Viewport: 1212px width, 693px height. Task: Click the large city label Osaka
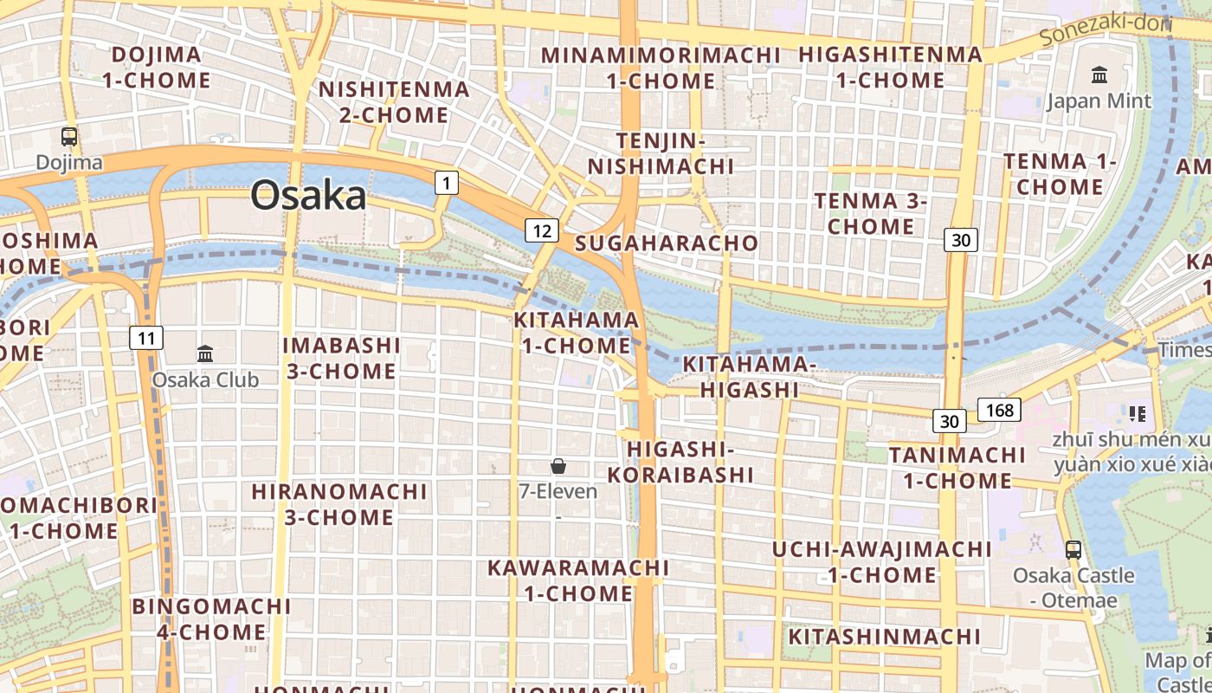(308, 196)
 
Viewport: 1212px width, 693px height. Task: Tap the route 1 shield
(446, 183)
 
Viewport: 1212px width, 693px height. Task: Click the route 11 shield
(147, 338)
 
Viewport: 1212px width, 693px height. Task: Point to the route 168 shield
(999, 410)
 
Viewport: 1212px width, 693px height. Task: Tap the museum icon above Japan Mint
(1099, 75)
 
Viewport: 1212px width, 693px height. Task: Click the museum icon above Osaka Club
(205, 353)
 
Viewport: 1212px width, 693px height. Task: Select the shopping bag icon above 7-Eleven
(558, 466)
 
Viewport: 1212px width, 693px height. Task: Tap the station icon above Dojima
(69, 136)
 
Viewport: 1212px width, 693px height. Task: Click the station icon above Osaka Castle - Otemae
(1073, 549)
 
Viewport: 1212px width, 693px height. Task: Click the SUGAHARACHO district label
(667, 243)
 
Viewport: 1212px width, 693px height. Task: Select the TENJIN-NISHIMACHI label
(661, 153)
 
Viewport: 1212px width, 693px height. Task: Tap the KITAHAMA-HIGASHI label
(750, 377)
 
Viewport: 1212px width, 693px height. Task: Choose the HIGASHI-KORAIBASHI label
(680, 462)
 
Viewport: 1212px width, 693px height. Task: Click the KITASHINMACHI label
(884, 637)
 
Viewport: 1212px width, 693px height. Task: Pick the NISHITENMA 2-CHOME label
(394, 101)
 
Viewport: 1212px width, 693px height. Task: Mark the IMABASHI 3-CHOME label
(341, 359)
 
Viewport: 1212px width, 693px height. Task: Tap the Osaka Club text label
(205, 379)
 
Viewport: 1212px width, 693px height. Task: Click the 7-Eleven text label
(558, 491)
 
